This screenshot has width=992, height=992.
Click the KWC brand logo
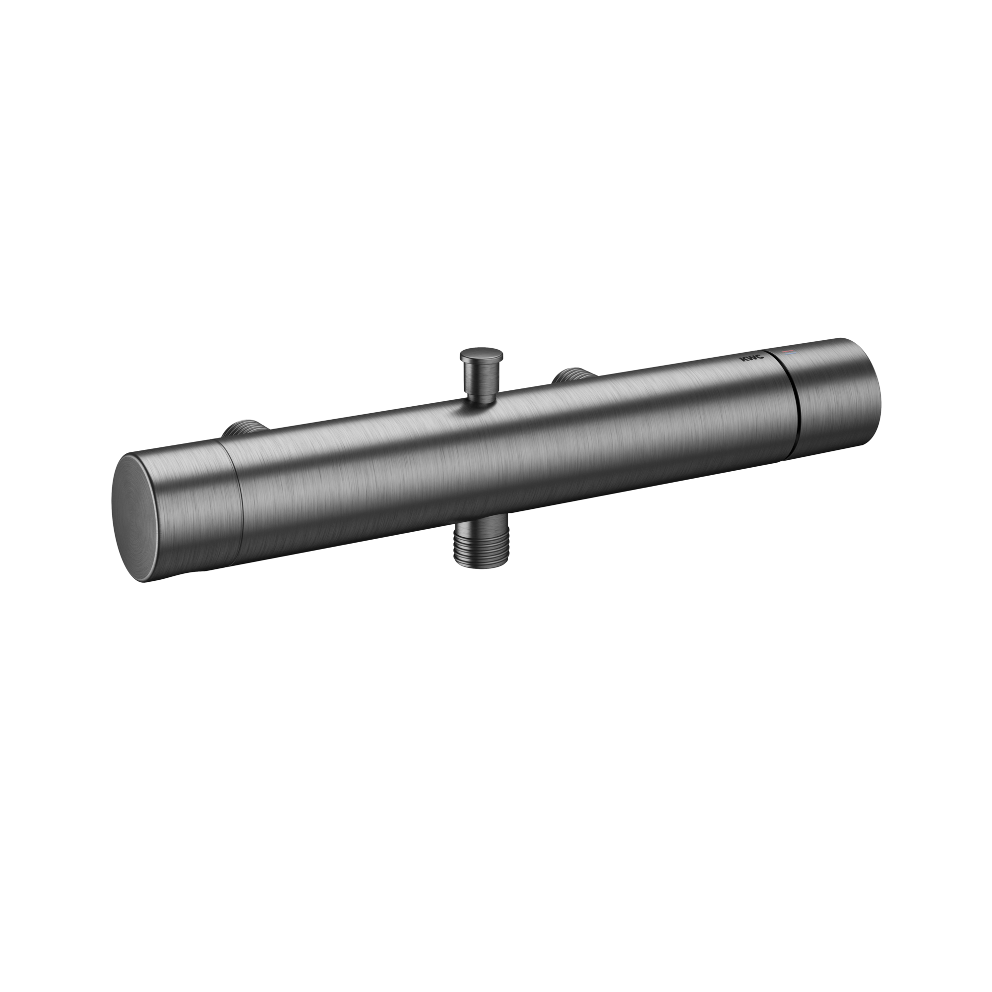(x=751, y=359)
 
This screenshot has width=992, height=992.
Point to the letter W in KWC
(x=751, y=359)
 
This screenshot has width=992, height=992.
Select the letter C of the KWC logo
(x=760, y=357)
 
